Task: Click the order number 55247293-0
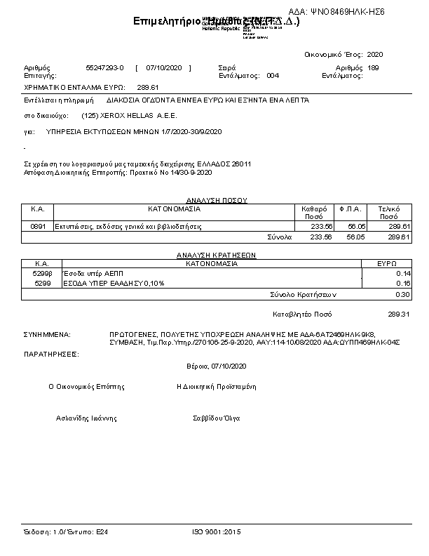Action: point(104,67)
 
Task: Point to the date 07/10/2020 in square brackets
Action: point(163,67)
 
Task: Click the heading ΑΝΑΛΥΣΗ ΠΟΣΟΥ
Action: point(216,201)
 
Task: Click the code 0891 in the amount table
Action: point(39,227)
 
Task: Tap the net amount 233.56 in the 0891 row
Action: point(321,227)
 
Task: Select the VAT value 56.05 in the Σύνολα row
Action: point(356,237)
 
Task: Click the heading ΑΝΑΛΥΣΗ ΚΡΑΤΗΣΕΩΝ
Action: point(216,256)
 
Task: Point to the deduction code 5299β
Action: point(43,272)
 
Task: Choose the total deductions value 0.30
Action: point(402,295)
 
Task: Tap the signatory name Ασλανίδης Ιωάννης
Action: point(86,418)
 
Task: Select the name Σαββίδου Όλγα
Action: point(217,418)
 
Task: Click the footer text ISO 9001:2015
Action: point(216,532)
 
